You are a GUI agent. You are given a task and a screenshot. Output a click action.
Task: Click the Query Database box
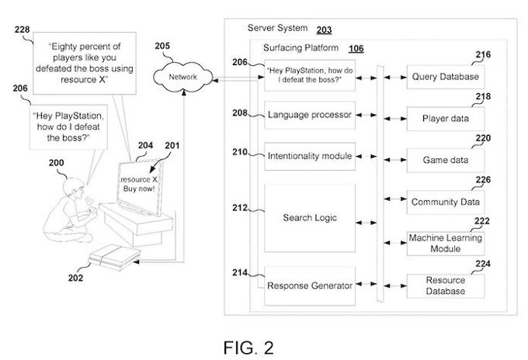coord(445,78)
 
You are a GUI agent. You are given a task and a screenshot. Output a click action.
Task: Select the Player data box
coord(445,119)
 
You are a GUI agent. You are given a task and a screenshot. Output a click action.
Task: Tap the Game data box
coord(445,161)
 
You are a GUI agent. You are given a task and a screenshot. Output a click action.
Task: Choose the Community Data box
coord(445,202)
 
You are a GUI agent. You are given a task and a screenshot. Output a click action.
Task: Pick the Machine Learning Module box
coord(445,243)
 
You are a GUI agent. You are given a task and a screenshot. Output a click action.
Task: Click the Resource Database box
coord(445,286)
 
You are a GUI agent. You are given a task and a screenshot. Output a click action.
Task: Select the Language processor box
coord(310,116)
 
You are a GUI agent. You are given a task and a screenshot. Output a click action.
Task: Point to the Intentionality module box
coord(310,157)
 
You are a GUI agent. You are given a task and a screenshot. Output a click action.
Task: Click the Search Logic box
coord(310,217)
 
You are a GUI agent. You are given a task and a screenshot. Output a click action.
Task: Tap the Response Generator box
coord(310,285)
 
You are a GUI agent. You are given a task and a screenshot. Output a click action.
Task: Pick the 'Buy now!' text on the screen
coord(136,189)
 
